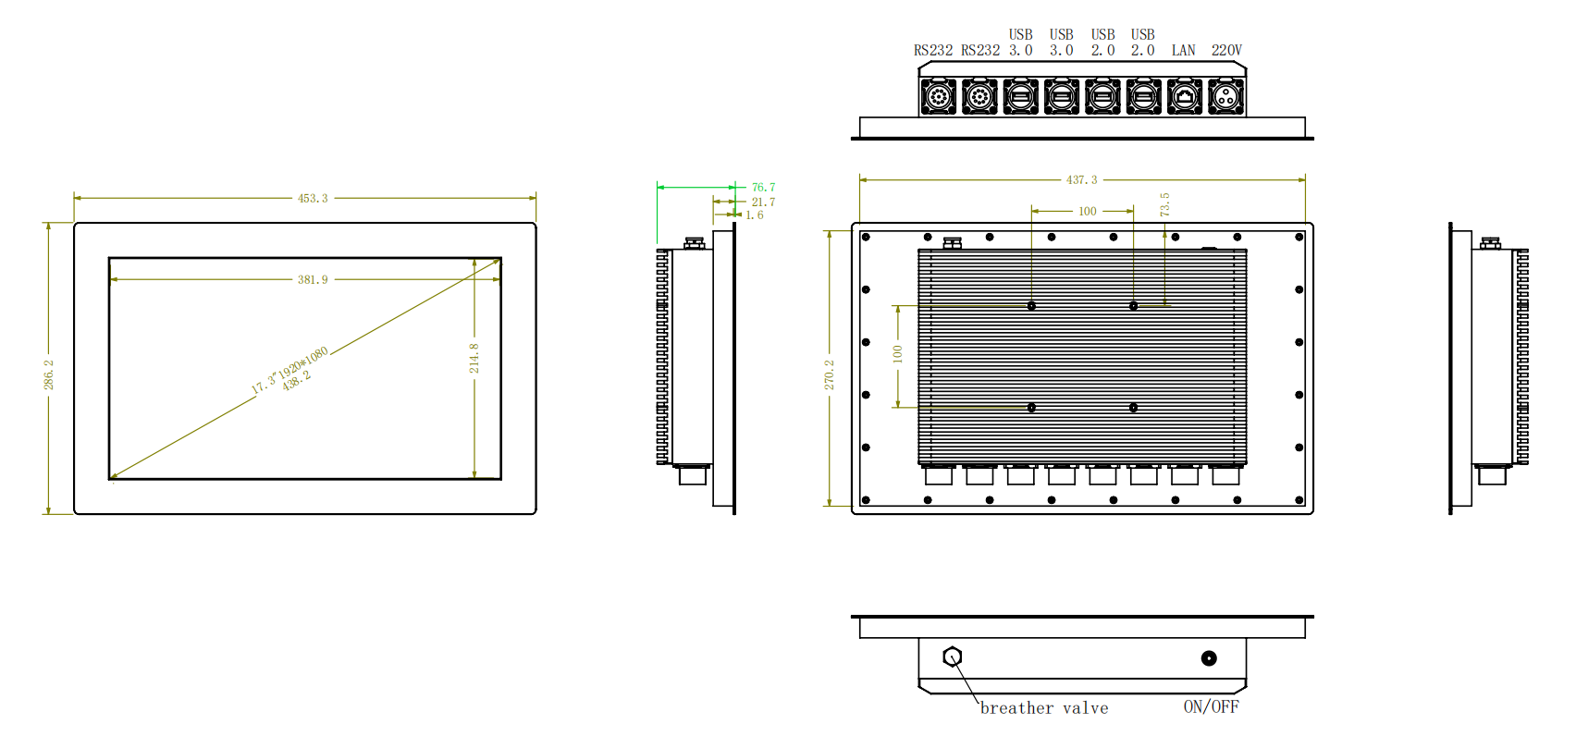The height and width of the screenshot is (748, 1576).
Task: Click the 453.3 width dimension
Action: click(313, 198)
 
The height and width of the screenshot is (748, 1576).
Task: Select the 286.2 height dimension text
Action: click(49, 374)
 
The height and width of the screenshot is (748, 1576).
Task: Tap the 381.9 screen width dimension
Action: click(313, 279)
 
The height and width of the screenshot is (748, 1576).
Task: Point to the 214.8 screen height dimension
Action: click(474, 358)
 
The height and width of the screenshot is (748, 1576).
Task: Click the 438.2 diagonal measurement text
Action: click(297, 381)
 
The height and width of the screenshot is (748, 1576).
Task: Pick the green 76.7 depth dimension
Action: click(763, 187)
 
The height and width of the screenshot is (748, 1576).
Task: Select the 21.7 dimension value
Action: click(763, 202)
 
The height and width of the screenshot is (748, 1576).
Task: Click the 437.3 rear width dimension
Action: click(1081, 179)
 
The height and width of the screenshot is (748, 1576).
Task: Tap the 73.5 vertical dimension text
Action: click(1164, 204)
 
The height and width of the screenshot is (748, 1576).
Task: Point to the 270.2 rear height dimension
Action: click(830, 374)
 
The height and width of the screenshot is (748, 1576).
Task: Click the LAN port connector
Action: click(1185, 96)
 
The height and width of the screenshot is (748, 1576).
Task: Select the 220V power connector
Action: click(1226, 96)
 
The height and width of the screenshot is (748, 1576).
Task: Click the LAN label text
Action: click(1183, 50)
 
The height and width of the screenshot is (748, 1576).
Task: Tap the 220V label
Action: click(1226, 50)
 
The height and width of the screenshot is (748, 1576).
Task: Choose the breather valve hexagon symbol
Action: click(953, 656)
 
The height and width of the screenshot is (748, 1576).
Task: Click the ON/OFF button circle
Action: click(1209, 658)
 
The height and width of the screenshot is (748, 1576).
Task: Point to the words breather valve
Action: click(1044, 708)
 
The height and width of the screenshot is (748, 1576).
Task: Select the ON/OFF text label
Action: click(1211, 706)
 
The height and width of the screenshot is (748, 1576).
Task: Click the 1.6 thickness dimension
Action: click(755, 215)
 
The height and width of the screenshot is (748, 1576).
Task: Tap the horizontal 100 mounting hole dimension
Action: click(1088, 211)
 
